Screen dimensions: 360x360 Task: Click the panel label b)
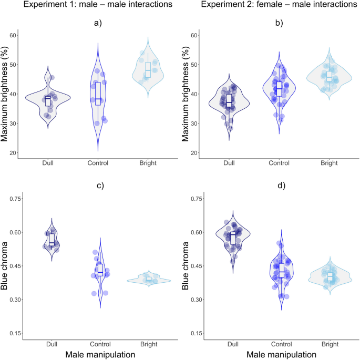click(x=276, y=23)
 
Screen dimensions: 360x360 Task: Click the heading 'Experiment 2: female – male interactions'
click(x=274, y=6)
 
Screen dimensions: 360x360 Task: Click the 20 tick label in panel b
click(x=194, y=153)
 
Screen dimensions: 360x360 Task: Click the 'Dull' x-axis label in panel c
click(x=51, y=344)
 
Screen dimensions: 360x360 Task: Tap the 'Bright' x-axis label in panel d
click(x=330, y=344)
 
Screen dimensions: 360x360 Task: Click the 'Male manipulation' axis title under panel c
click(x=99, y=355)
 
